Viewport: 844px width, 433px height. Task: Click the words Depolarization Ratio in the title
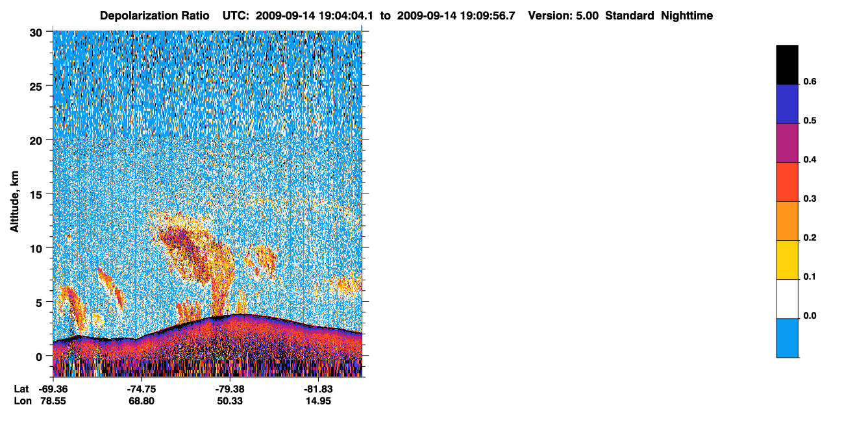(155, 16)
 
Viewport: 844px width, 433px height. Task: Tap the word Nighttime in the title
(687, 16)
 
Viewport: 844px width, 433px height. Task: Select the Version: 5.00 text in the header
(564, 16)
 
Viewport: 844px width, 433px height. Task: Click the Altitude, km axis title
(14, 201)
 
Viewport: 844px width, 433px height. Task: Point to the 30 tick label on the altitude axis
(36, 33)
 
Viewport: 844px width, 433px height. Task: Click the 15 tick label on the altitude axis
(36, 195)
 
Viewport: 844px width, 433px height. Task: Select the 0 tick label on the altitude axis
(39, 356)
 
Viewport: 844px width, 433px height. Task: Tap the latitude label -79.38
(230, 389)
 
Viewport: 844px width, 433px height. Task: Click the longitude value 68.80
(142, 401)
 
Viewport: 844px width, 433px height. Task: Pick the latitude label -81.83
(318, 389)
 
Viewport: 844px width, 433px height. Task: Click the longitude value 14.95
(318, 401)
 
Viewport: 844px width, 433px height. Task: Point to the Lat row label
(21, 389)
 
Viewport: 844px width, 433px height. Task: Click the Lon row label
(23, 401)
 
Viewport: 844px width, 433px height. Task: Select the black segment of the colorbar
(787, 65)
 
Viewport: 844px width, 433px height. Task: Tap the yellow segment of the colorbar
(787, 260)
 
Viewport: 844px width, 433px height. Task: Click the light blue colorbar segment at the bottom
(787, 338)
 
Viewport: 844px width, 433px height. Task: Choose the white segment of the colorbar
(787, 299)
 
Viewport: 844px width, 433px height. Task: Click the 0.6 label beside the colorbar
(810, 81)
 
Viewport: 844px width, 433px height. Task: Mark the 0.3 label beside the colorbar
(810, 199)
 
